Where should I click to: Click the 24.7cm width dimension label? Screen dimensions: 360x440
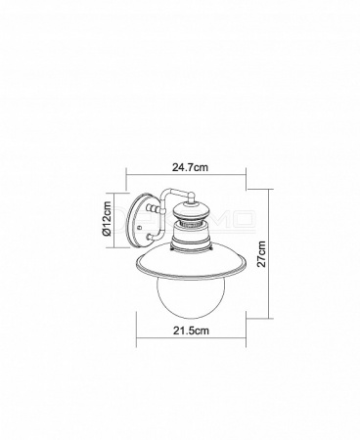tap(190, 167)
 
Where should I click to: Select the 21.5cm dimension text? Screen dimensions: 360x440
tap(191, 330)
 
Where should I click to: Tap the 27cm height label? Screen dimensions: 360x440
tap(261, 254)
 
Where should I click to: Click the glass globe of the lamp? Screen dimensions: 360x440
tap(191, 298)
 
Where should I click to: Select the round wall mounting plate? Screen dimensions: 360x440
tap(142, 220)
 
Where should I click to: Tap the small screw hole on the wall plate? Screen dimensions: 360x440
tap(140, 227)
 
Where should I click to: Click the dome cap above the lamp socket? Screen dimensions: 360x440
tap(191, 211)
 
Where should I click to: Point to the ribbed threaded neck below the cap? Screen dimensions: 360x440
tap(191, 224)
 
